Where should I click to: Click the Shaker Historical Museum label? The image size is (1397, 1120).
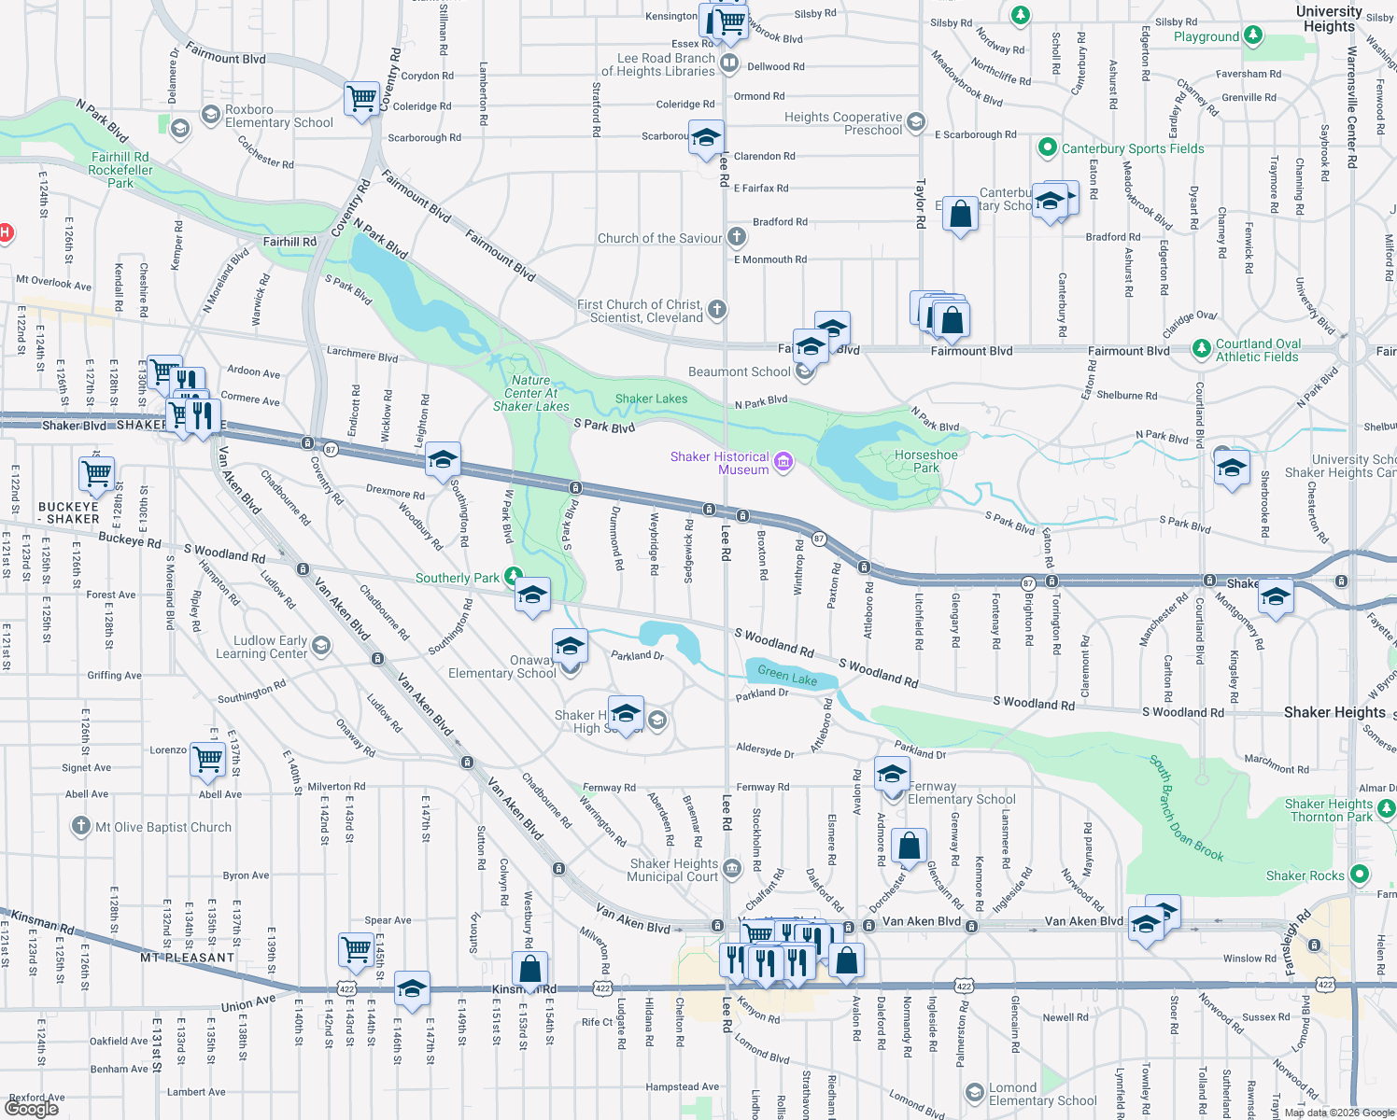pos(719,463)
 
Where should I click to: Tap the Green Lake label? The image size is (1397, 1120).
pos(787,675)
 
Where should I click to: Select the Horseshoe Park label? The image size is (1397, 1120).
pos(925,461)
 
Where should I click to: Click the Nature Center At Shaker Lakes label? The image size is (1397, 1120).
pos(530,393)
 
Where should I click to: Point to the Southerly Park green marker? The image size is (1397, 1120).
pos(512,577)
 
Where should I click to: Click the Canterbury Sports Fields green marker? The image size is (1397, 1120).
pos(1048,148)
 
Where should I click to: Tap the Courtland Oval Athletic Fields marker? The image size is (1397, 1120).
pos(1202,350)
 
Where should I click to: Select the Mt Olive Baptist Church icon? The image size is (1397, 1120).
pos(81,827)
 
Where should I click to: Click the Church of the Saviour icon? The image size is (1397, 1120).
pos(737,237)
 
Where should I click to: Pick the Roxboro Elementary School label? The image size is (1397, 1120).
pos(278,116)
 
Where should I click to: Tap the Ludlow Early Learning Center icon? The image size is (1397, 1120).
pos(321,646)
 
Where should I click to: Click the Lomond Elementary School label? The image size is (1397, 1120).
pos(1042,1094)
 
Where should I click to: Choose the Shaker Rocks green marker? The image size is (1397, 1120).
pos(1360,875)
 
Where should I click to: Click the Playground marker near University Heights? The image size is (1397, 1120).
pos(1253,36)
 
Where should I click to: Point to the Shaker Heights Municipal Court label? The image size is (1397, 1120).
pos(673,870)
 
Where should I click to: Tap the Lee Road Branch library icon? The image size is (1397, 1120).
pos(729,63)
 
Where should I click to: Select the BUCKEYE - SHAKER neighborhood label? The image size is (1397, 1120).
pos(68,512)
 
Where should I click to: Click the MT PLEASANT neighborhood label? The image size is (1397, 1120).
pos(188,957)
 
